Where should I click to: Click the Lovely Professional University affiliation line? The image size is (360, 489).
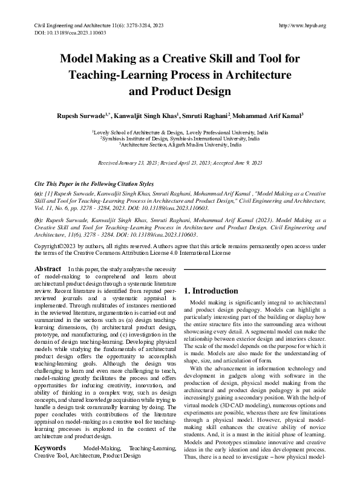coord(180,131)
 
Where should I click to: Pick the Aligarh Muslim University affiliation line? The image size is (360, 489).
coord(180,145)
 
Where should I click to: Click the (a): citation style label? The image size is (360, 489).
coord(38,192)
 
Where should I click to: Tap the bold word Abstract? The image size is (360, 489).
coord(48,268)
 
